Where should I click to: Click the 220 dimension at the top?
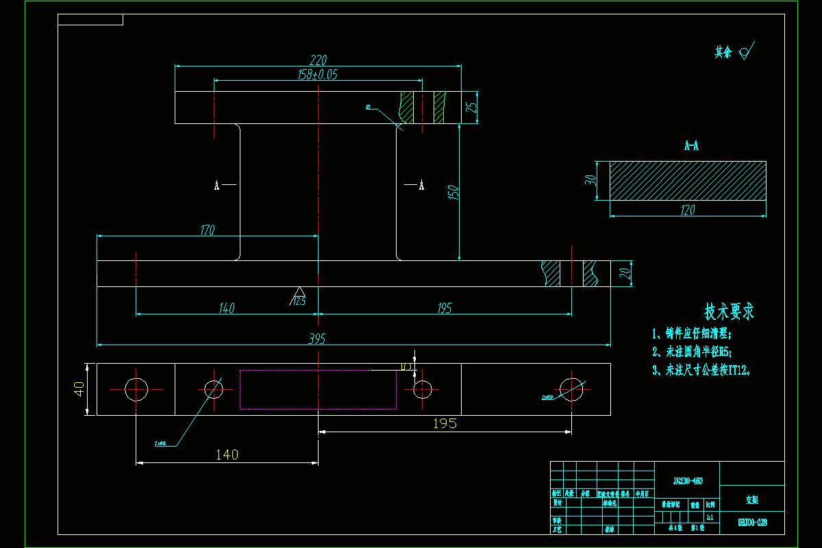click(x=319, y=60)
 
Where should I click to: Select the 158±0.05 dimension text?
click(x=318, y=75)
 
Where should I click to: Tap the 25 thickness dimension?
click(x=471, y=108)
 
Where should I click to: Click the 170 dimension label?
click(x=207, y=230)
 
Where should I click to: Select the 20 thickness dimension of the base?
click(x=624, y=273)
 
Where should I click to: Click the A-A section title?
click(x=691, y=146)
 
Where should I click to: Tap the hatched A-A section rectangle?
click(x=688, y=181)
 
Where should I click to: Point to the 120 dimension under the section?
click(x=687, y=210)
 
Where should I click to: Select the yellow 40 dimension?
click(x=79, y=389)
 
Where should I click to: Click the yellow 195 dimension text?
click(x=445, y=424)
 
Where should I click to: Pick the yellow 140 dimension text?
click(x=227, y=455)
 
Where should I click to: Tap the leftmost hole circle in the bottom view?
click(x=136, y=389)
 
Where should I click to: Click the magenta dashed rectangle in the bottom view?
click(x=318, y=390)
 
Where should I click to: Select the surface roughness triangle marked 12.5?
click(x=299, y=294)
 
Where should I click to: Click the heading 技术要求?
click(x=730, y=312)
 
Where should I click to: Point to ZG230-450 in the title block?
click(x=687, y=482)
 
